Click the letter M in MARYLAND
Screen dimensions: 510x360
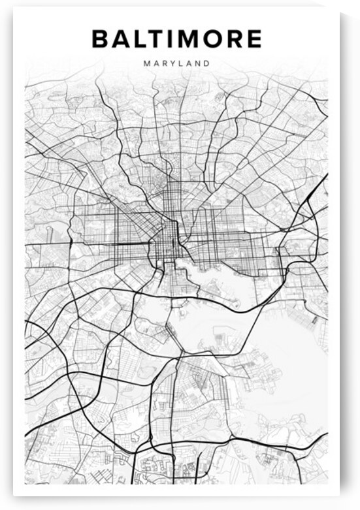click(144, 64)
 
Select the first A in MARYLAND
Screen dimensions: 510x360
click(154, 64)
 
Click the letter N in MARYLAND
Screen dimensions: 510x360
click(197, 64)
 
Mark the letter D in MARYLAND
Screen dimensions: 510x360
click(207, 64)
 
